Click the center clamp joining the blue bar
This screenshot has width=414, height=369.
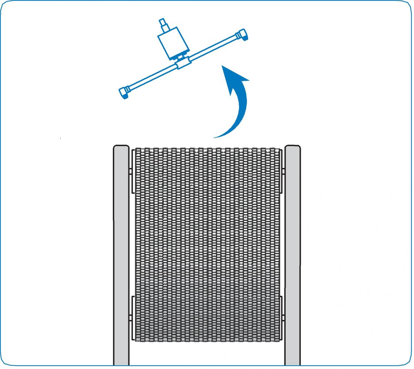pyautogui.click(x=183, y=63)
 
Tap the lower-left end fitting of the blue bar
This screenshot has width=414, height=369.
pyautogui.click(x=124, y=92)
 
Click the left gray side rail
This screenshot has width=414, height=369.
pyautogui.click(x=121, y=256)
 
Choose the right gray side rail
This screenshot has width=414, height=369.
pyautogui.click(x=292, y=256)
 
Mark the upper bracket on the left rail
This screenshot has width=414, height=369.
pyautogui.click(x=132, y=171)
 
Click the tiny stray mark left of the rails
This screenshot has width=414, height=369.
pyautogui.click(x=60, y=139)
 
